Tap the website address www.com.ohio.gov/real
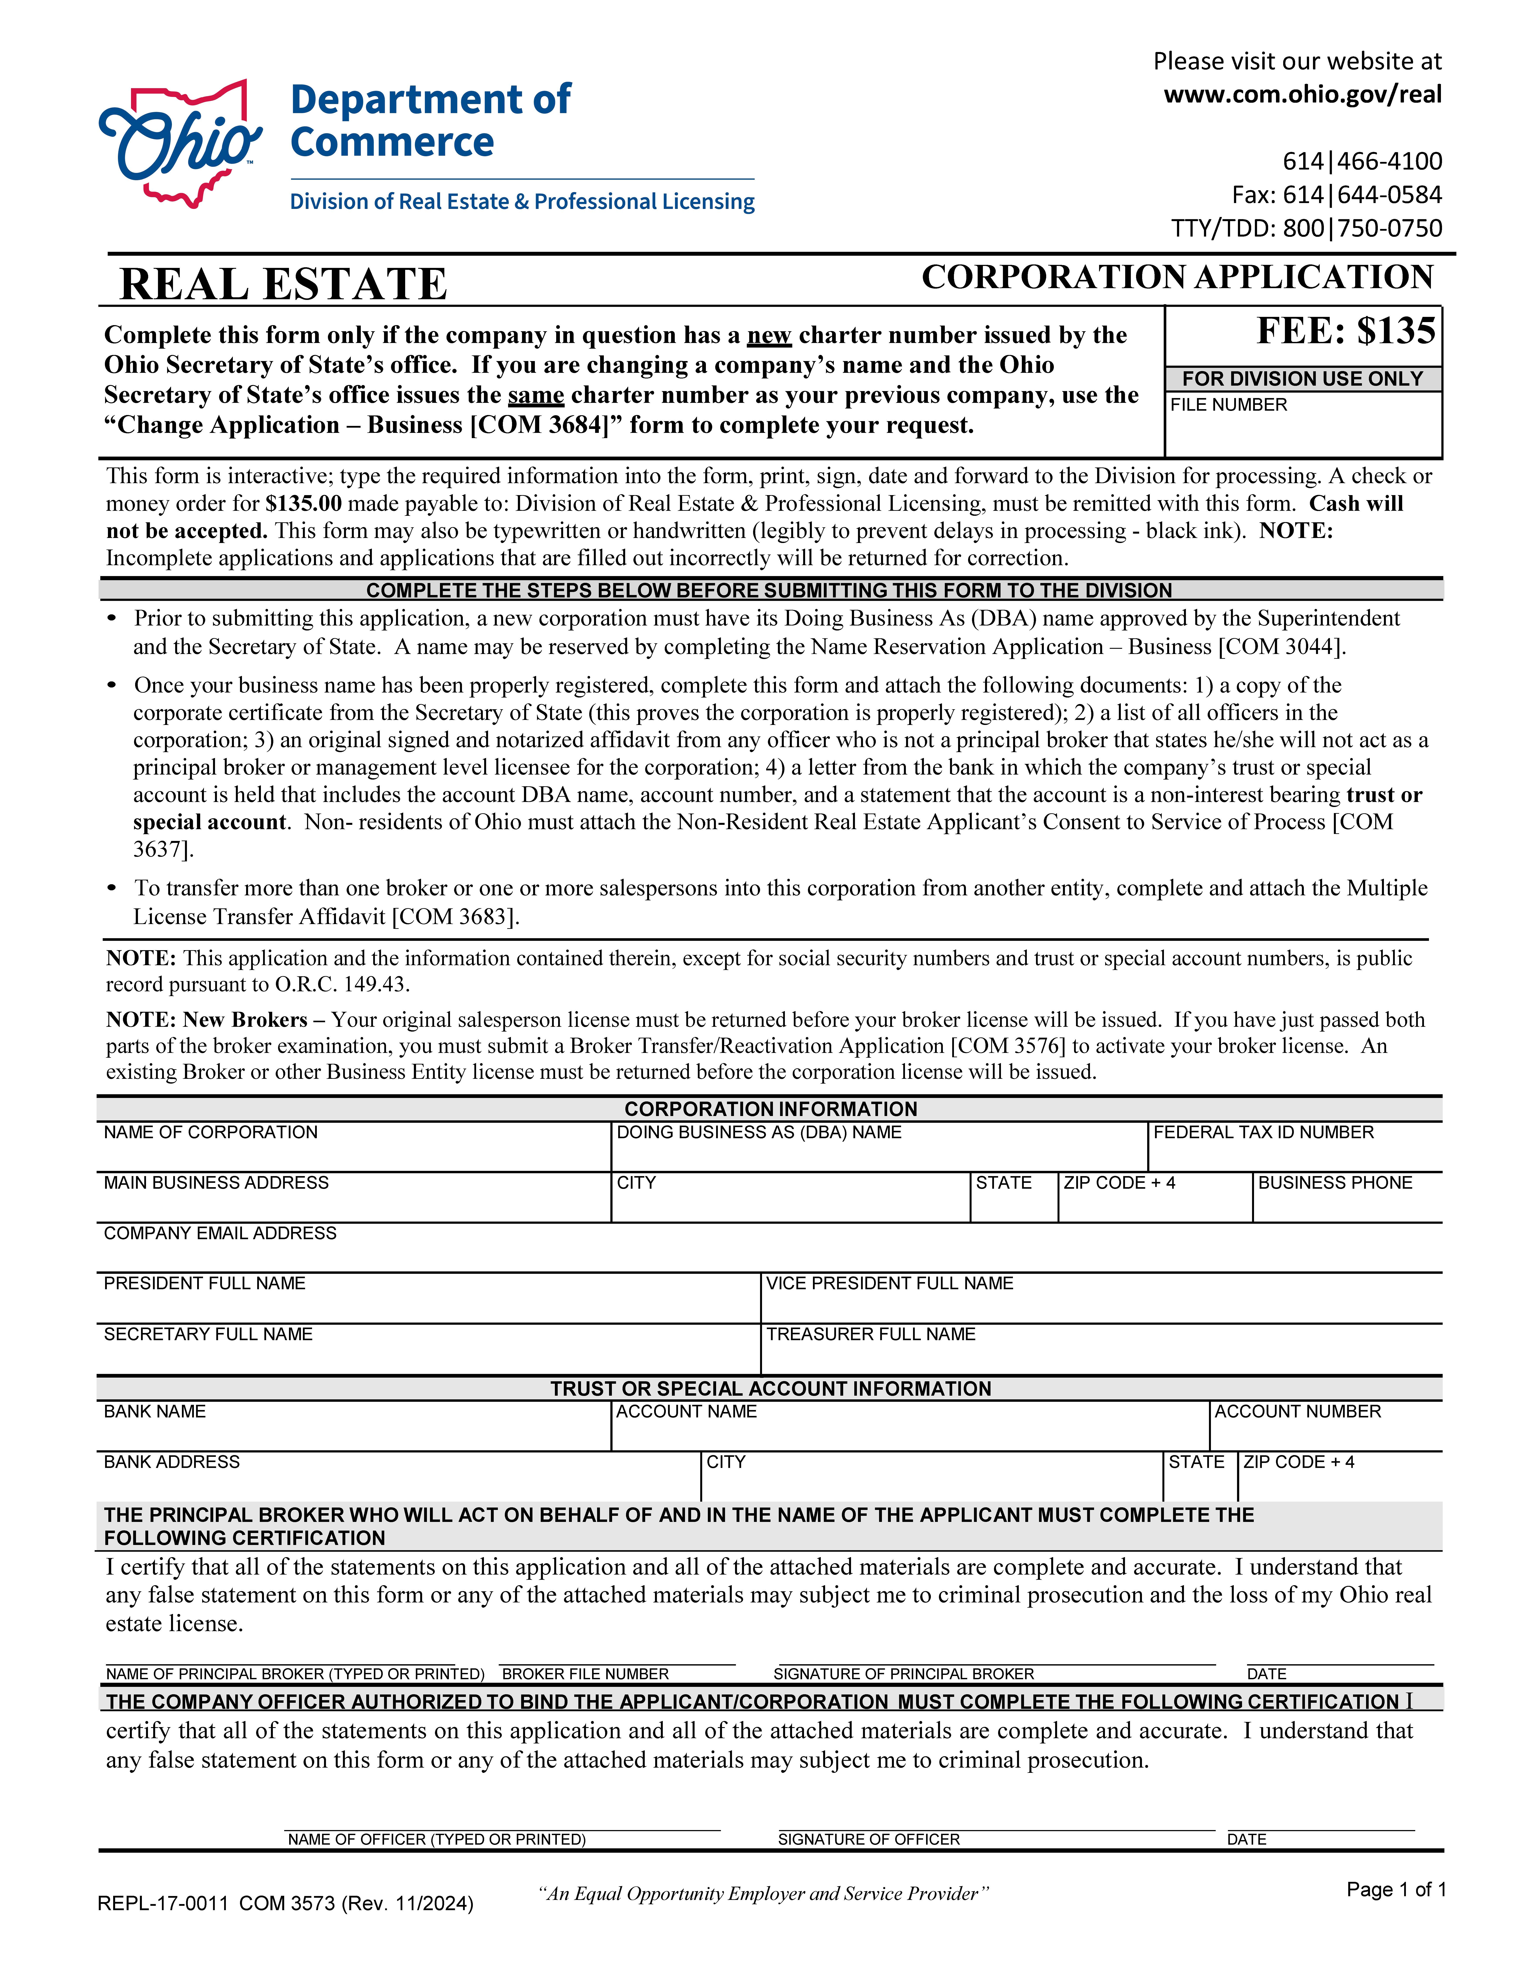click(1302, 94)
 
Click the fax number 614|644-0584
click(1336, 194)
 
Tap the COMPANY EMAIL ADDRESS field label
click(220, 1234)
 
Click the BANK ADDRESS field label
click(172, 1462)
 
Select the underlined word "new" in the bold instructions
click(768, 336)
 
